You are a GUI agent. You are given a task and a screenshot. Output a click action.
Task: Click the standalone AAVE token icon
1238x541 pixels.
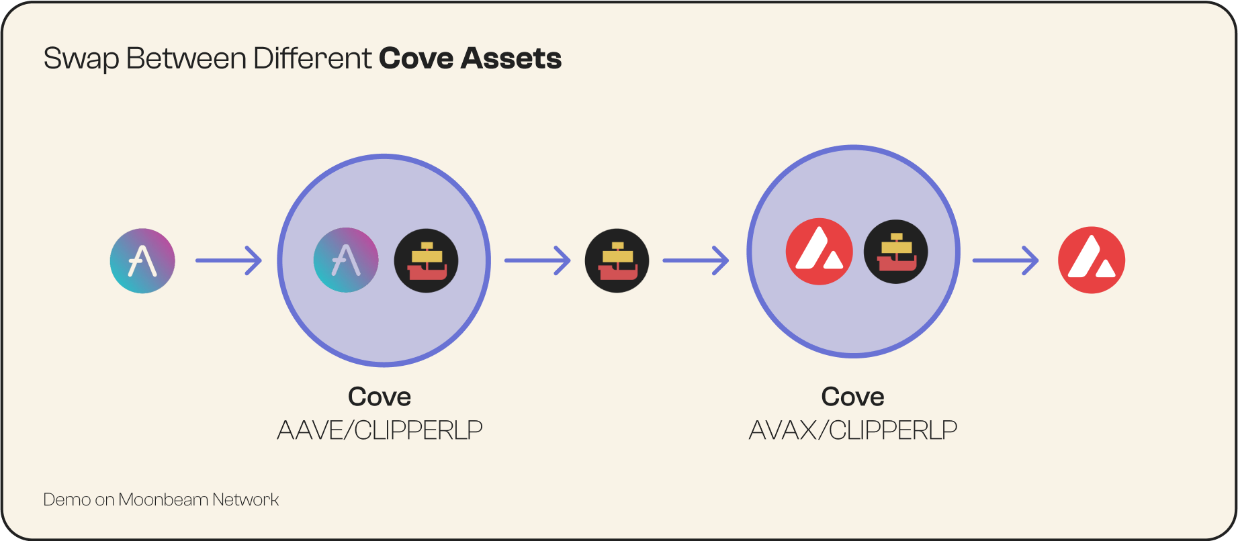pyautogui.click(x=142, y=260)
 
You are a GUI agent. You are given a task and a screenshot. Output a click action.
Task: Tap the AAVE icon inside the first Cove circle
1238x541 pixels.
pyautogui.click(x=346, y=260)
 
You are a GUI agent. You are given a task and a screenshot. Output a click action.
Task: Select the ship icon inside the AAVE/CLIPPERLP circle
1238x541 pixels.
pyautogui.click(x=426, y=260)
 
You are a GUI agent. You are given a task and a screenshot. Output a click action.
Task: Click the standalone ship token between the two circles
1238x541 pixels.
pyautogui.click(x=617, y=260)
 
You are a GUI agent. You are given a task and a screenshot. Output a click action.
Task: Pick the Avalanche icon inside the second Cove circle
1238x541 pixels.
pyautogui.click(x=820, y=252)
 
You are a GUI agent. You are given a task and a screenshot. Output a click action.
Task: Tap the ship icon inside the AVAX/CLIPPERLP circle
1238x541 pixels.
pyautogui.click(x=895, y=252)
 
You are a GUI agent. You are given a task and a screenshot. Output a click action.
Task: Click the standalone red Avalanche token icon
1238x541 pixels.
pyautogui.click(x=1092, y=260)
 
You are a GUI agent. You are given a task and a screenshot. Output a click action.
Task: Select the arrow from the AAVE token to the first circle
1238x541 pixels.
pyautogui.click(x=228, y=260)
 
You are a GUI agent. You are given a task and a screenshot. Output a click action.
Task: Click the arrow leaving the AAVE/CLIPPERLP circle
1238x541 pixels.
pyautogui.click(x=537, y=260)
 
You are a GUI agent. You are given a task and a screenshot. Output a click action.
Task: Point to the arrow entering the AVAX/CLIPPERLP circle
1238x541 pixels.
pyautogui.click(x=696, y=260)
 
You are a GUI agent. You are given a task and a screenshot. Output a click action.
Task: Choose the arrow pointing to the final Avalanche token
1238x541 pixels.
pyautogui.click(x=1006, y=260)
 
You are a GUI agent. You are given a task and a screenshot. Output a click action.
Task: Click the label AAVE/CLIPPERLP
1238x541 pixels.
pyautogui.click(x=380, y=430)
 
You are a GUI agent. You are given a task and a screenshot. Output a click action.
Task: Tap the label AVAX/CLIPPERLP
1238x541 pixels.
pyautogui.click(x=853, y=430)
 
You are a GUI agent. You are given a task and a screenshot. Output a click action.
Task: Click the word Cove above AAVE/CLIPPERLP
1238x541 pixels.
pyautogui.click(x=380, y=397)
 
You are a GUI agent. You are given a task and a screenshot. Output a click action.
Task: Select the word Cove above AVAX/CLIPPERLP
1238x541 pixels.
pyautogui.click(x=853, y=397)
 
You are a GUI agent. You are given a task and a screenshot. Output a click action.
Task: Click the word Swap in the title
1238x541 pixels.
pyautogui.click(x=81, y=59)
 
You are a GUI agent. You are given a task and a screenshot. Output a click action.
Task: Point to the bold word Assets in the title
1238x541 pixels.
pyautogui.click(x=511, y=58)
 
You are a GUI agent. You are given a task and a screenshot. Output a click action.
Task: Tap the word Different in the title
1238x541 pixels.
pyautogui.click(x=312, y=58)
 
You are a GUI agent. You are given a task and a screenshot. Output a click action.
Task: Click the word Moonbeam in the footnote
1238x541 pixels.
pyautogui.click(x=163, y=499)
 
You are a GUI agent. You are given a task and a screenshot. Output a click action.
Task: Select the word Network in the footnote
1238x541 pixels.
pyautogui.click(x=245, y=499)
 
